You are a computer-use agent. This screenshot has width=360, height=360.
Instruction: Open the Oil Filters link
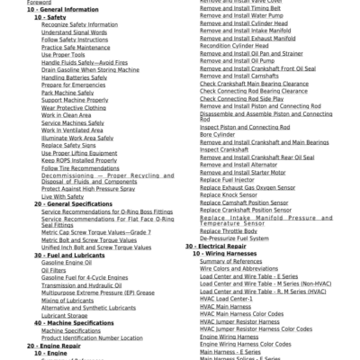54,270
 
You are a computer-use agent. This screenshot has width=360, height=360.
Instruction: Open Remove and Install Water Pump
236,17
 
